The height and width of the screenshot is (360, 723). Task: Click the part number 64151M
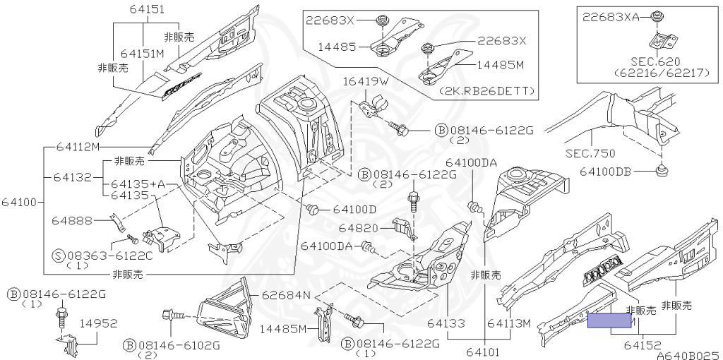tap(142, 53)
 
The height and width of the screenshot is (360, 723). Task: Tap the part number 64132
tap(72, 176)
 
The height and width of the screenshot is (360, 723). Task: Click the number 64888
tap(72, 221)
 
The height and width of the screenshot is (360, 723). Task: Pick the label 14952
tap(98, 323)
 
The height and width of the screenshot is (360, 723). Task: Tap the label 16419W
tap(366, 82)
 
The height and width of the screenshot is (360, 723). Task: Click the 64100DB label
tap(609, 171)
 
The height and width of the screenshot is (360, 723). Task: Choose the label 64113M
tap(508, 323)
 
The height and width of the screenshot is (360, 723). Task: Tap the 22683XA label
tap(609, 18)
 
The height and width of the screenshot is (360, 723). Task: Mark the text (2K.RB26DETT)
tap(486, 91)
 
